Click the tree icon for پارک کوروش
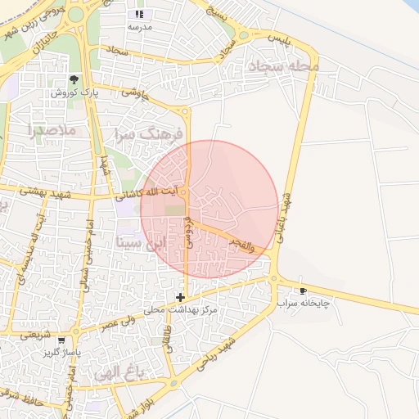[74, 79]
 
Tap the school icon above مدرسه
[139, 14]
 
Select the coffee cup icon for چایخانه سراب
[304, 291]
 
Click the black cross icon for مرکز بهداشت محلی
[180, 297]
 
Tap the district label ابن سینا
[142, 242]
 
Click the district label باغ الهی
[119, 373]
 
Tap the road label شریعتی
[38, 335]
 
